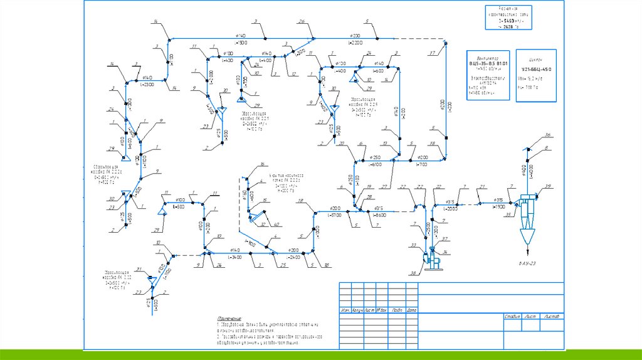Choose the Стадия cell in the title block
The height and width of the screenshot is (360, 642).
pos(513,316)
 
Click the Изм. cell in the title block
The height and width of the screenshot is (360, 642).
pos(345,310)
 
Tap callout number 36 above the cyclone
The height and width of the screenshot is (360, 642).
pos(547,135)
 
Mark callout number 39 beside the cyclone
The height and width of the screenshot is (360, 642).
pos(548,187)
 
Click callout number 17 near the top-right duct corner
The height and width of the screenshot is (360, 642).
pos(432,52)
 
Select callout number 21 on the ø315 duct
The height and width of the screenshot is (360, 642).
pos(482,186)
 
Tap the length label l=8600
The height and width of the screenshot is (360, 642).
pos(379,215)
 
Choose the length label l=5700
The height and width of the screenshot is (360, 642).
pos(334,215)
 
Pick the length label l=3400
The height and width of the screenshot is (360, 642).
pos(234,257)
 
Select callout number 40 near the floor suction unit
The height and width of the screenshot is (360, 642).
pos(276,225)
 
